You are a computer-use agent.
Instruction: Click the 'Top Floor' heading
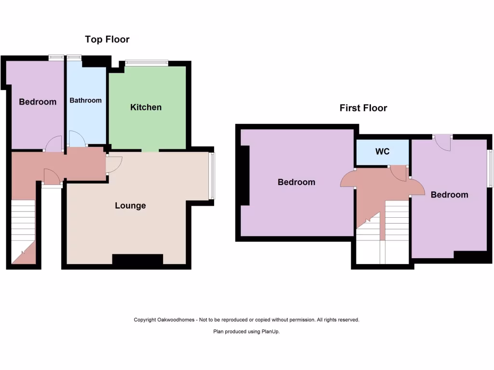(107, 40)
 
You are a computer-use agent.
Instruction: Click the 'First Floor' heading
(363, 108)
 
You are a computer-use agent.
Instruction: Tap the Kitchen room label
(146, 107)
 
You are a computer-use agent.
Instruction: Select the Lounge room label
(130, 206)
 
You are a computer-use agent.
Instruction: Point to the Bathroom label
(85, 100)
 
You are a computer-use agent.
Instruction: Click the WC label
(382, 152)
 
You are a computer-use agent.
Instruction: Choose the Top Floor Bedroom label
(38, 102)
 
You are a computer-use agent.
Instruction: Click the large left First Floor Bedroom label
(296, 182)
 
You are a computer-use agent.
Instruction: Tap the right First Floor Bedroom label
(449, 195)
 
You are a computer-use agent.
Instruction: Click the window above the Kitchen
(146, 63)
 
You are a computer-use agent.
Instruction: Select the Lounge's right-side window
(212, 176)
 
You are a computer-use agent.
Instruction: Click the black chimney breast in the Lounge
(137, 259)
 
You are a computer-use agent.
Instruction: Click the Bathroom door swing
(77, 138)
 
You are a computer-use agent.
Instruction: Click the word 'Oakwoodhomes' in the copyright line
(176, 320)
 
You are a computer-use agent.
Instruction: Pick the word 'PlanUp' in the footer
(271, 331)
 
